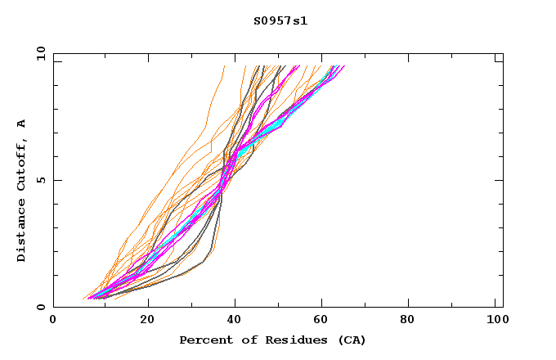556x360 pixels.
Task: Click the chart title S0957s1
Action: point(280,20)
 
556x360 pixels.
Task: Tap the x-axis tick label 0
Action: point(53,321)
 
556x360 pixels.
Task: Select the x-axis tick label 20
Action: point(146,321)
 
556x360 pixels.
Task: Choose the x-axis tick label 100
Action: point(496,321)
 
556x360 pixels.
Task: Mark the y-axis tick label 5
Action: point(40,180)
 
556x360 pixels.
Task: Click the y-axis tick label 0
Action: point(40,307)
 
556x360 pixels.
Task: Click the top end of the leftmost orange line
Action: point(224,66)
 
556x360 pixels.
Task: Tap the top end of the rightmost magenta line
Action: point(344,66)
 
